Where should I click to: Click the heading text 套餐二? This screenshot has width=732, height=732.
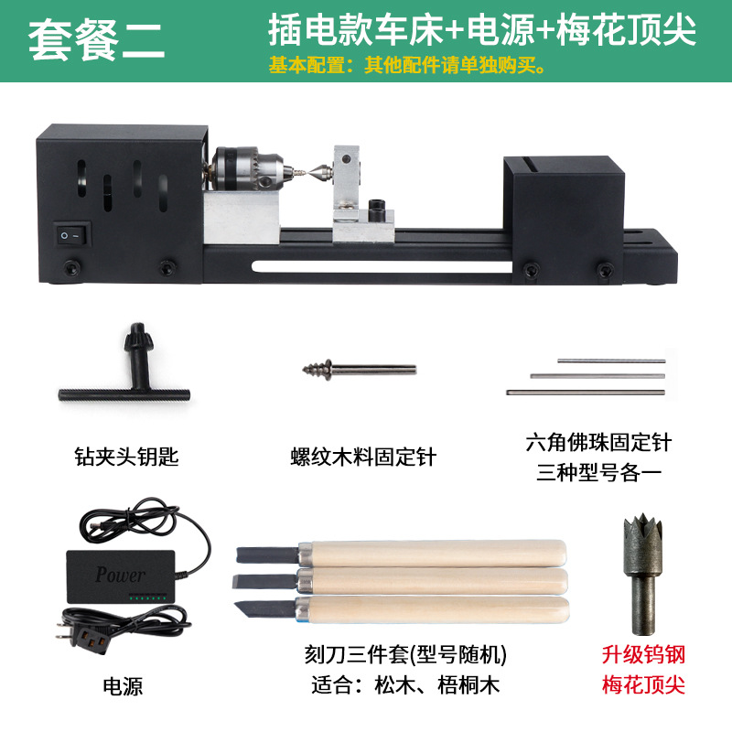click(98, 40)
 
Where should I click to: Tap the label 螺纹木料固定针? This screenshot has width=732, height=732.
click(363, 456)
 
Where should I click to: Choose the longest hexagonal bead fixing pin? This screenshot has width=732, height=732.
click(585, 393)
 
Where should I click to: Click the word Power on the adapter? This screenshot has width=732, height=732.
click(120, 575)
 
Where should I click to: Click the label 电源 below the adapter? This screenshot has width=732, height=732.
click(124, 685)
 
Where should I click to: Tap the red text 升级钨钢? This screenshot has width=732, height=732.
click(643, 655)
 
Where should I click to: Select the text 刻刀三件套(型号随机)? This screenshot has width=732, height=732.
click(404, 655)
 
